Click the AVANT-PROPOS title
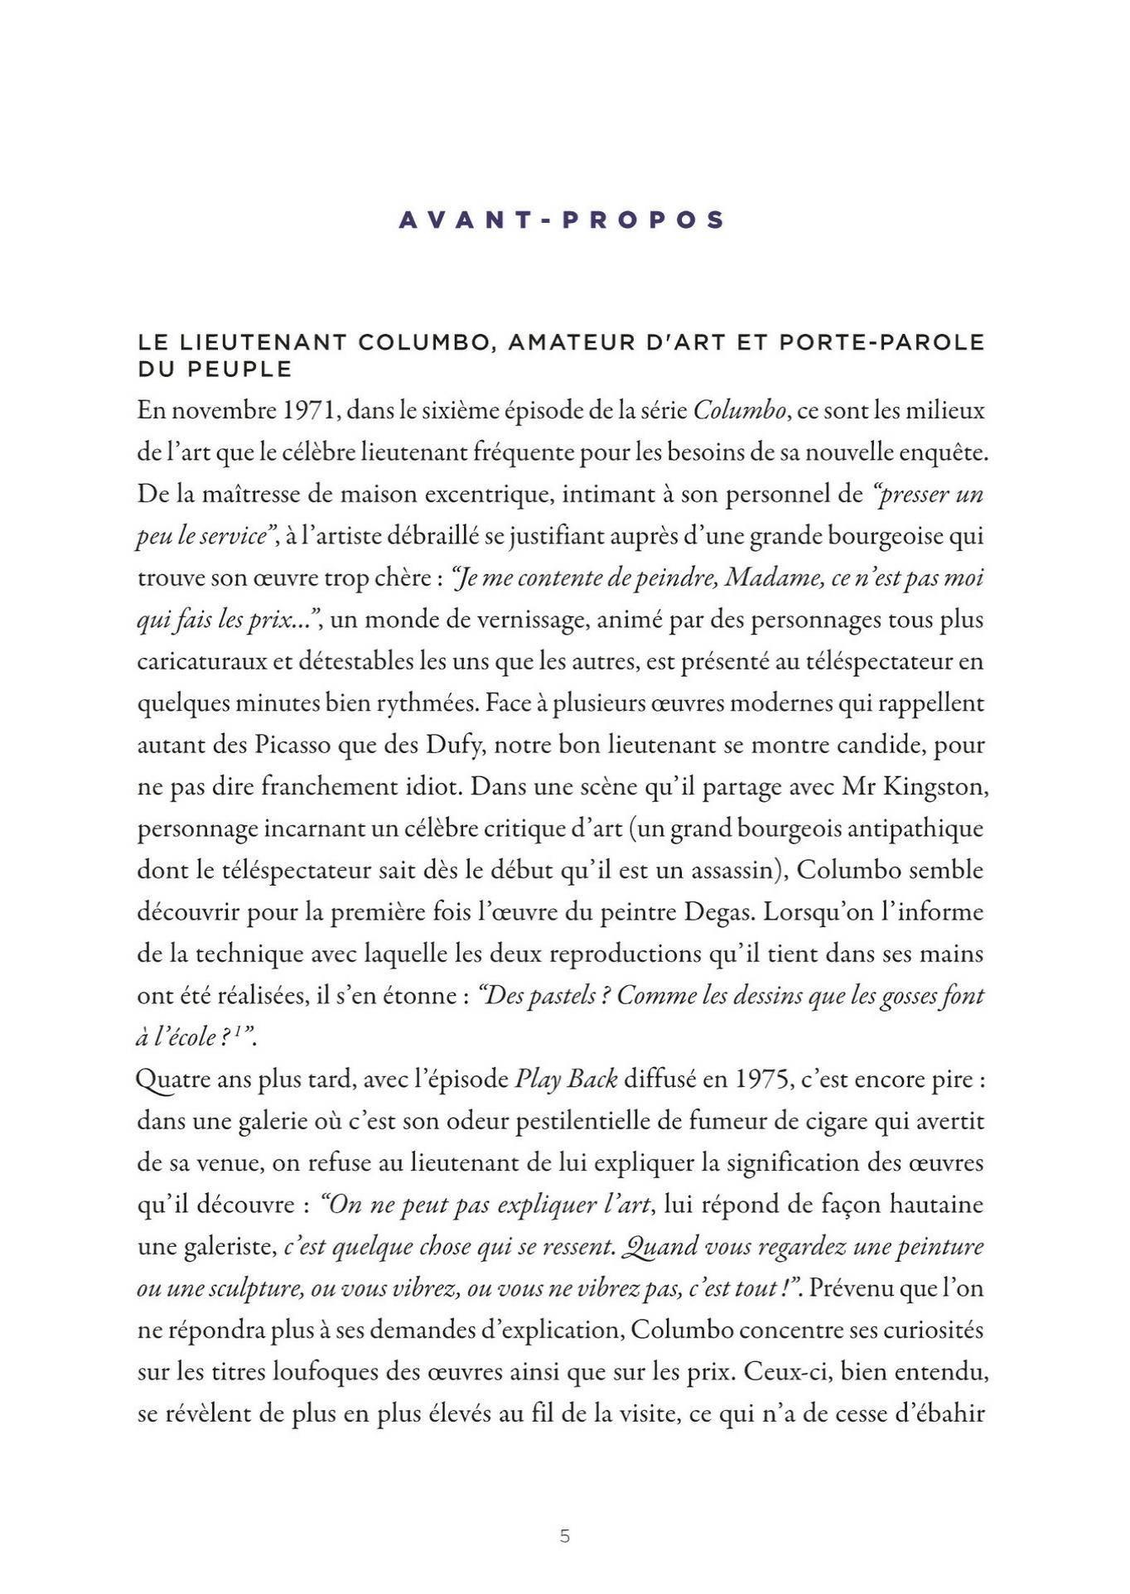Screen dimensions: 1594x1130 (563, 220)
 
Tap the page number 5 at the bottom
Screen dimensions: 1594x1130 (565, 1536)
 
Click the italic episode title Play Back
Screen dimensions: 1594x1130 (567, 1080)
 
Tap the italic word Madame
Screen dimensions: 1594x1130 (773, 577)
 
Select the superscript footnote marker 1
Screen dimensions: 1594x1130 (237, 1032)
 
